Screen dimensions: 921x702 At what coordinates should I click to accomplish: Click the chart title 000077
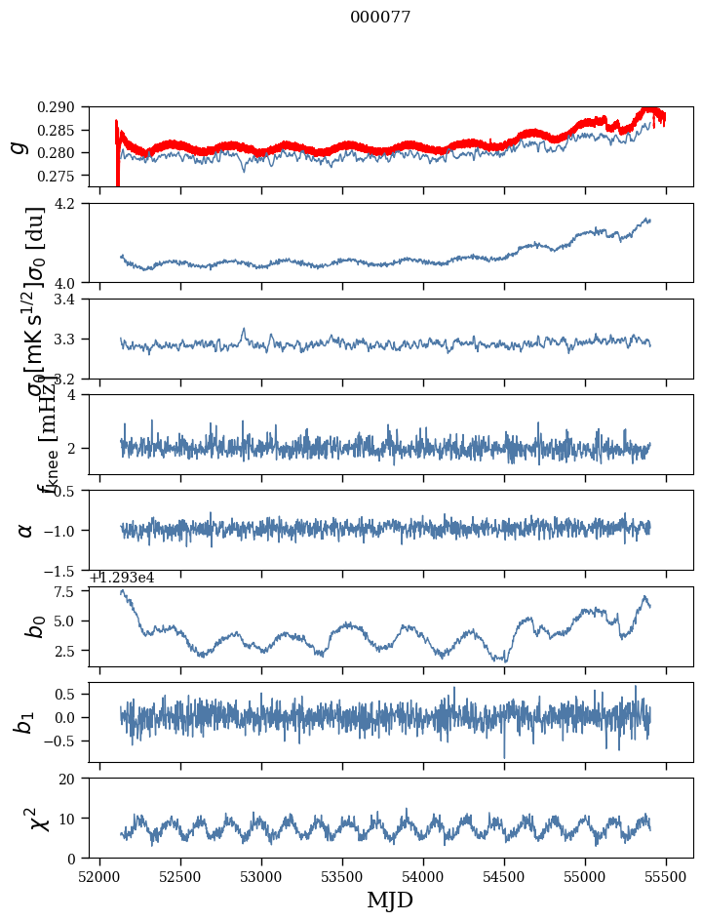pyautogui.click(x=380, y=18)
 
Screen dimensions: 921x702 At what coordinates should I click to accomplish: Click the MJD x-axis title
pyautogui.click(x=390, y=901)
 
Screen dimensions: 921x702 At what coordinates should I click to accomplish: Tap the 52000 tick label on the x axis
pyautogui.click(x=99, y=877)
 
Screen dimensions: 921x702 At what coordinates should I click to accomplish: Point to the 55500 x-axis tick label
pyautogui.click(x=667, y=877)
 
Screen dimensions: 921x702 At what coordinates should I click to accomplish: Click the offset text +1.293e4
pyautogui.click(x=122, y=578)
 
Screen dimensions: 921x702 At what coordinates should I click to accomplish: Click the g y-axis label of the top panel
pyautogui.click(x=18, y=146)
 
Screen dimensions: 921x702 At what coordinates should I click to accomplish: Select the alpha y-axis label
pyautogui.click(x=25, y=530)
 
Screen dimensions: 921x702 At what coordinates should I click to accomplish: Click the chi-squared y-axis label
pyautogui.click(x=26, y=818)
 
